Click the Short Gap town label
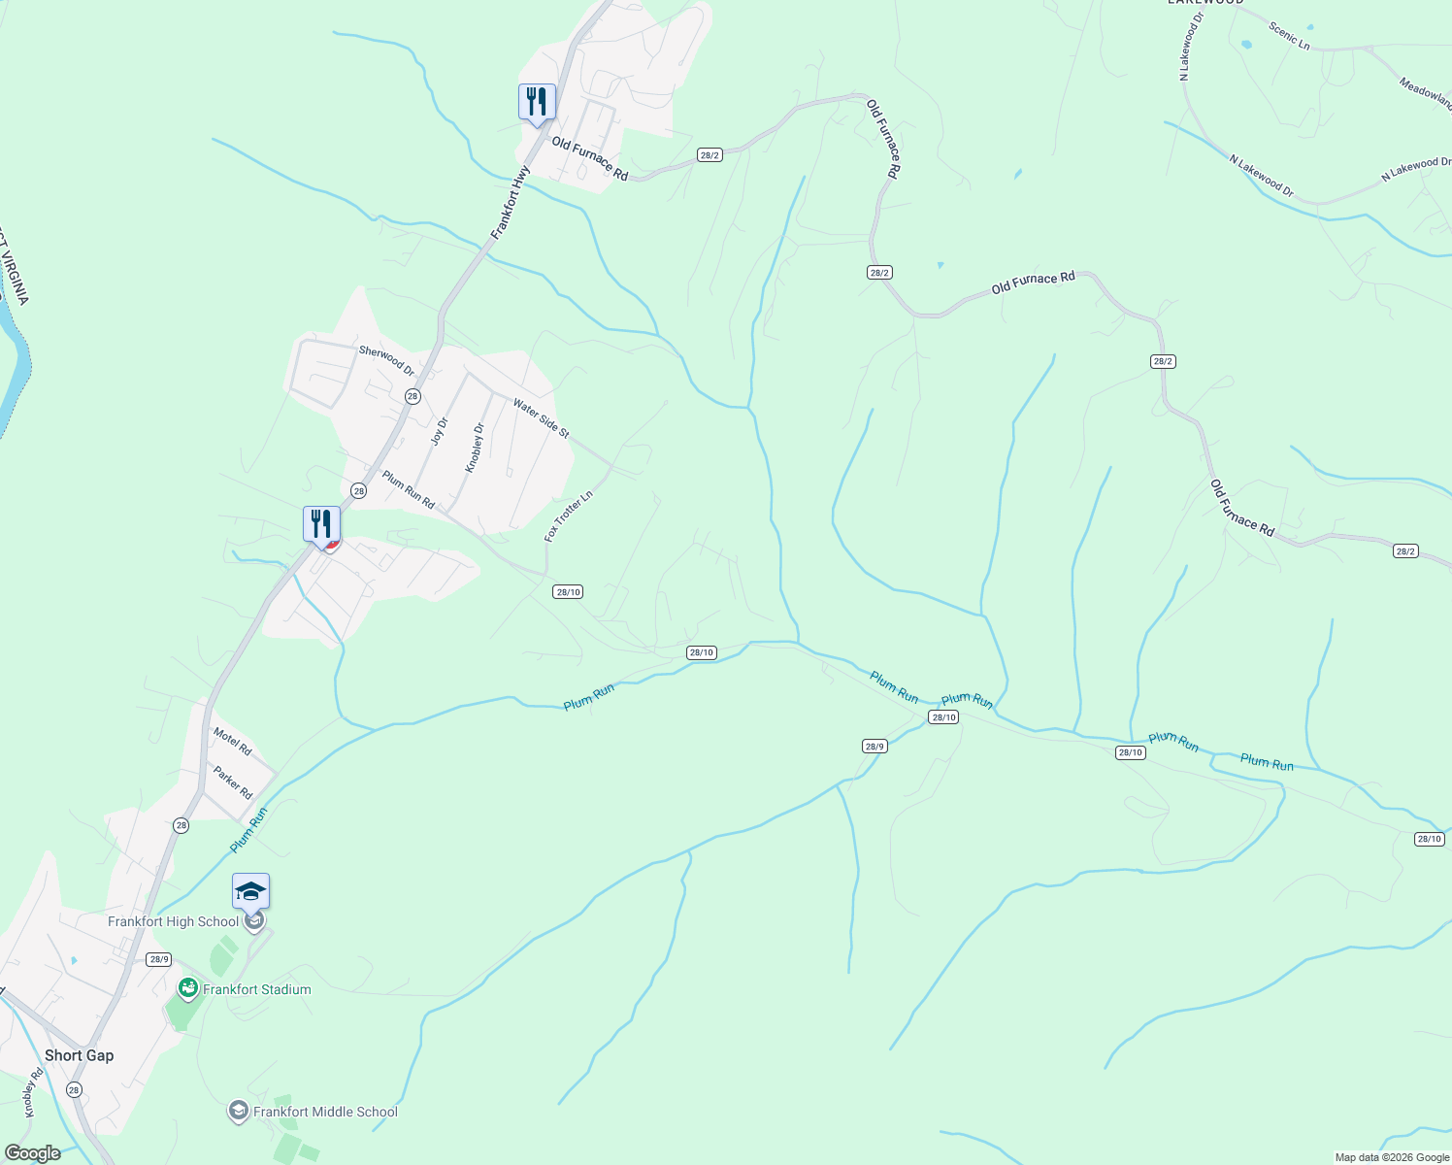click(x=79, y=1055)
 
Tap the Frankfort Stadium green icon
click(x=188, y=989)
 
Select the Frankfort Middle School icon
click(x=238, y=1112)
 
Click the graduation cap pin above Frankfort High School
click(x=250, y=891)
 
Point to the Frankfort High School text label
click(x=173, y=921)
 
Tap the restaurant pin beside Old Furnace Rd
click(x=537, y=102)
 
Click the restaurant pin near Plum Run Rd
click(x=321, y=524)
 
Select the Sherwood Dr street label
click(x=386, y=361)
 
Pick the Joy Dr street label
click(x=440, y=431)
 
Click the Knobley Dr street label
click(x=474, y=448)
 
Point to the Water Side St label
click(x=541, y=418)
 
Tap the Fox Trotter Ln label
click(x=568, y=516)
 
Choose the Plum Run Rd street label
click(x=408, y=490)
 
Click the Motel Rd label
click(x=233, y=742)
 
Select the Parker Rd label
click(x=233, y=782)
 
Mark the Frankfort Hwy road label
click(x=511, y=203)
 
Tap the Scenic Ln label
click(x=1289, y=36)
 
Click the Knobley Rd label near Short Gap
click(x=30, y=1092)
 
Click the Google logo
click(x=32, y=1153)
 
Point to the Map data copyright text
click(x=1392, y=1157)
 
